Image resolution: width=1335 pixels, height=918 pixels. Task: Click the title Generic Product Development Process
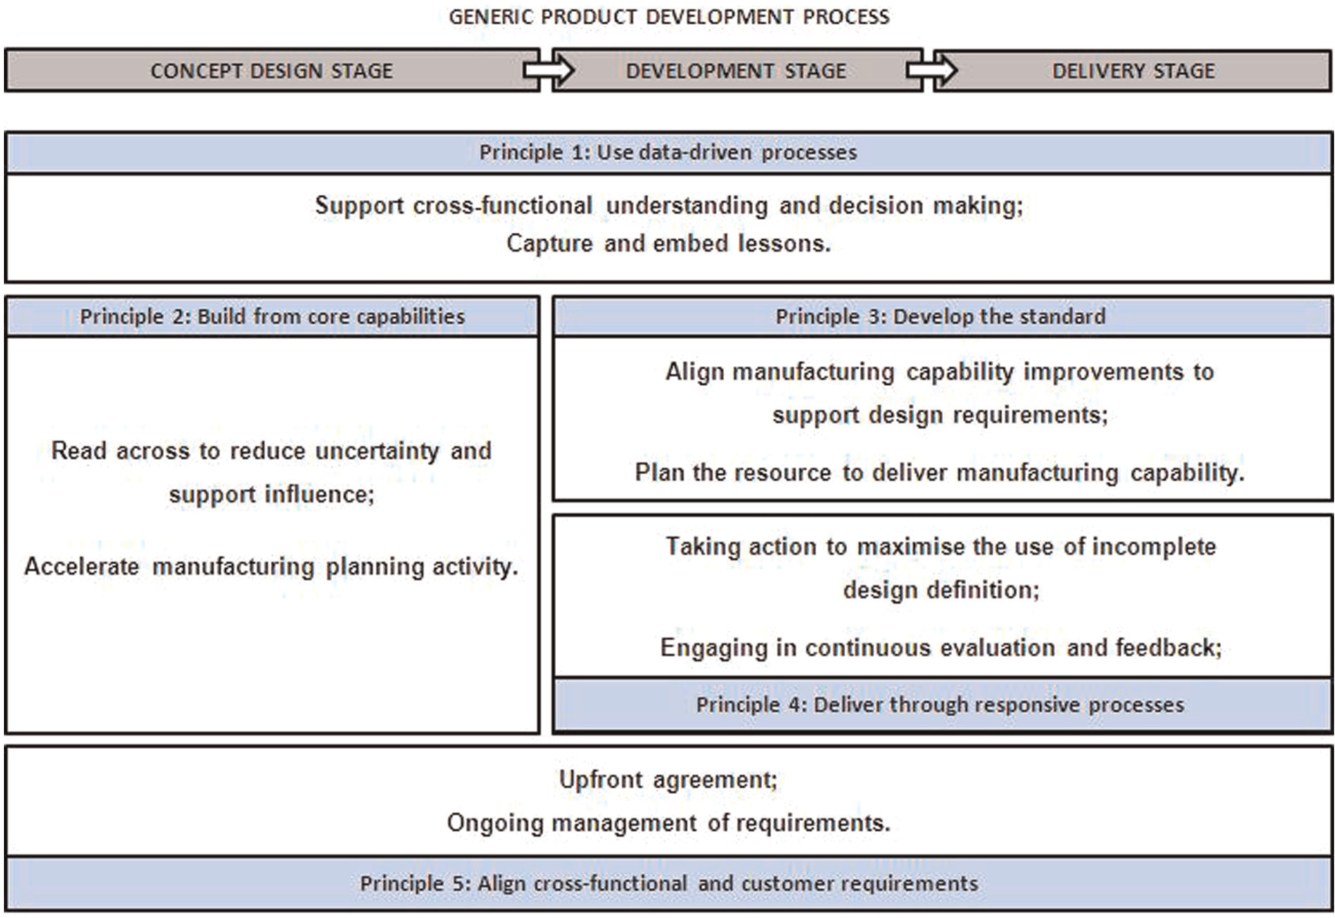669,17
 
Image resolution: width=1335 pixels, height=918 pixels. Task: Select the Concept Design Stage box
272,70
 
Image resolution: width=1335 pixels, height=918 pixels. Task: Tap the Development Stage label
736,71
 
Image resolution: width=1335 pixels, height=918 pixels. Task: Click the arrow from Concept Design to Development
548,70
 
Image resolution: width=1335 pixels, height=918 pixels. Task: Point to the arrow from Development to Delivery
931,70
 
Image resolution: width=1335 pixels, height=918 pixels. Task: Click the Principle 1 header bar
669,152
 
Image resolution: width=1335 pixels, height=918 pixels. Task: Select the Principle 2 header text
272,317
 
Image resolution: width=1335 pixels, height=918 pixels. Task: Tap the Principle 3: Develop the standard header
941,317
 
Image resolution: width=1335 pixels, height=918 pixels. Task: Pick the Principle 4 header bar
942,705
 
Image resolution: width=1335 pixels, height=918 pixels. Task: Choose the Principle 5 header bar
669,883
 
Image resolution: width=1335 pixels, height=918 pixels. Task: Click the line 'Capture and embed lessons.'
669,243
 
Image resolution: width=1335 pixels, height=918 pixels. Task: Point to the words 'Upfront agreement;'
669,779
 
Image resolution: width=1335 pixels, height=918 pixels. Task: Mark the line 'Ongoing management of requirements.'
669,823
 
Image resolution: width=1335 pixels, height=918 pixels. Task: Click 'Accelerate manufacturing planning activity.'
272,567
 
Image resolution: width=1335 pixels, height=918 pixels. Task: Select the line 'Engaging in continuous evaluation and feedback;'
942,648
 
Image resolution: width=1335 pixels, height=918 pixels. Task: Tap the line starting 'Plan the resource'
940,473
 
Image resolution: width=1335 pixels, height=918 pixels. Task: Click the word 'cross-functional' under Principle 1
502,205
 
